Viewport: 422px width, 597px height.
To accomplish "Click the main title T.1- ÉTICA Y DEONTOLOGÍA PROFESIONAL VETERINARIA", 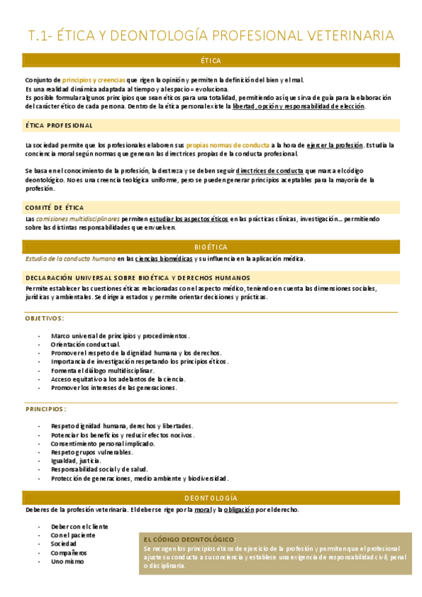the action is (x=211, y=36).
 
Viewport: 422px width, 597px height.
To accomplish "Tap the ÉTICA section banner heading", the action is (x=211, y=61).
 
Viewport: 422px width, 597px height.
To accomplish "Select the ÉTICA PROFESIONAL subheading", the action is (x=59, y=125).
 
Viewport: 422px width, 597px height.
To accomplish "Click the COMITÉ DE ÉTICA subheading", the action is (x=54, y=208).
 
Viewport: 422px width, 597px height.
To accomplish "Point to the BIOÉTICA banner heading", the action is (x=211, y=246).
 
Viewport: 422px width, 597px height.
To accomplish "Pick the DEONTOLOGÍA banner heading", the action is (x=211, y=498).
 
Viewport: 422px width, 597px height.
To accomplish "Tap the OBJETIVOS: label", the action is (x=45, y=318).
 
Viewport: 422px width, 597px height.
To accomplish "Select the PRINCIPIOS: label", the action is (x=46, y=408).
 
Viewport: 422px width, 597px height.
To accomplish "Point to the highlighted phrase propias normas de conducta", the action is (x=228, y=145).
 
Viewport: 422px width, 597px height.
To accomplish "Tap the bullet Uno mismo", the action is (x=68, y=561).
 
